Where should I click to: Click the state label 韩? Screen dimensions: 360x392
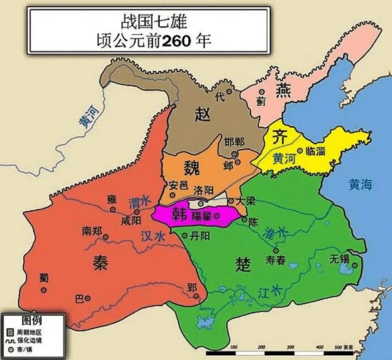pos(180,215)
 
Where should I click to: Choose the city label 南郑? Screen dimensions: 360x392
pos(92,230)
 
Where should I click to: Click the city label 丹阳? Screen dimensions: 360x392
pos(200,235)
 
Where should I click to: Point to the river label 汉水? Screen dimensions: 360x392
pos(154,237)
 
